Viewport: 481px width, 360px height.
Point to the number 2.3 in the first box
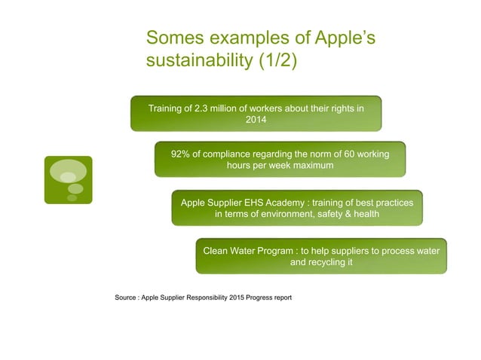[x=202, y=108]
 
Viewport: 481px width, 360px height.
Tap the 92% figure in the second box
[x=182, y=154]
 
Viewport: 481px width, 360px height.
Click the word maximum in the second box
[x=310, y=165]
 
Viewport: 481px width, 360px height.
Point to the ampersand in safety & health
[x=341, y=214]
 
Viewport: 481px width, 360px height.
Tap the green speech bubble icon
[x=68, y=179]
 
